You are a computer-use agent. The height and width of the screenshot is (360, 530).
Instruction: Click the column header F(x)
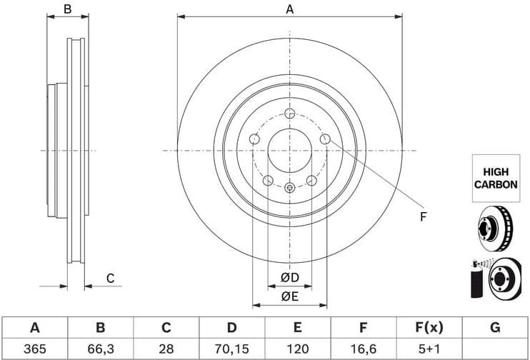point(429,328)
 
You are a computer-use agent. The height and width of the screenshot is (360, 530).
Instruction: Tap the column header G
point(495,328)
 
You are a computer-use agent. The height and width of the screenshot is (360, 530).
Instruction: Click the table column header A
point(34,328)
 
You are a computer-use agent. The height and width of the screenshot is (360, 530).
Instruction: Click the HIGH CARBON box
point(496,177)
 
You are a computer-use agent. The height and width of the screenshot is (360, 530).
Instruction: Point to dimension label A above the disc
point(289,9)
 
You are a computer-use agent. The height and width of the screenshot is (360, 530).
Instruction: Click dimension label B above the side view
point(67,9)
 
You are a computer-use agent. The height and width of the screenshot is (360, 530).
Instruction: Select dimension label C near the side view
point(110,278)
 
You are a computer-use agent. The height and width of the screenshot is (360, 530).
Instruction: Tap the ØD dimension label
point(289,277)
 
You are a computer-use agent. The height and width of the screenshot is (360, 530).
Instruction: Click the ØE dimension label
point(289,296)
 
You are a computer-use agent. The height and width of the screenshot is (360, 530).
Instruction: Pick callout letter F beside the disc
point(422,216)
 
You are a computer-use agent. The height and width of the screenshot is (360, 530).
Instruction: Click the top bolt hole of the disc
point(289,114)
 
